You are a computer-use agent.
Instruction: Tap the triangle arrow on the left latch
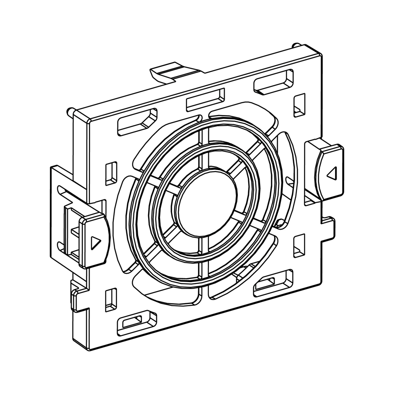pos(95,242)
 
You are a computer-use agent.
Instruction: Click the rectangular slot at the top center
pos(205,99)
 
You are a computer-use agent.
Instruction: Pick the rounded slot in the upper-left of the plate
pos(137,122)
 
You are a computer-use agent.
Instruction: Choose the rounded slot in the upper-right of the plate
pos(274,82)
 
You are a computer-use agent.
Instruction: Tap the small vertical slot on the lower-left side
pos(111,299)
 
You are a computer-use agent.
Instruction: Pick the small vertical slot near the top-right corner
pos(299,105)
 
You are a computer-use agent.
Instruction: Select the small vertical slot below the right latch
pos(299,245)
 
